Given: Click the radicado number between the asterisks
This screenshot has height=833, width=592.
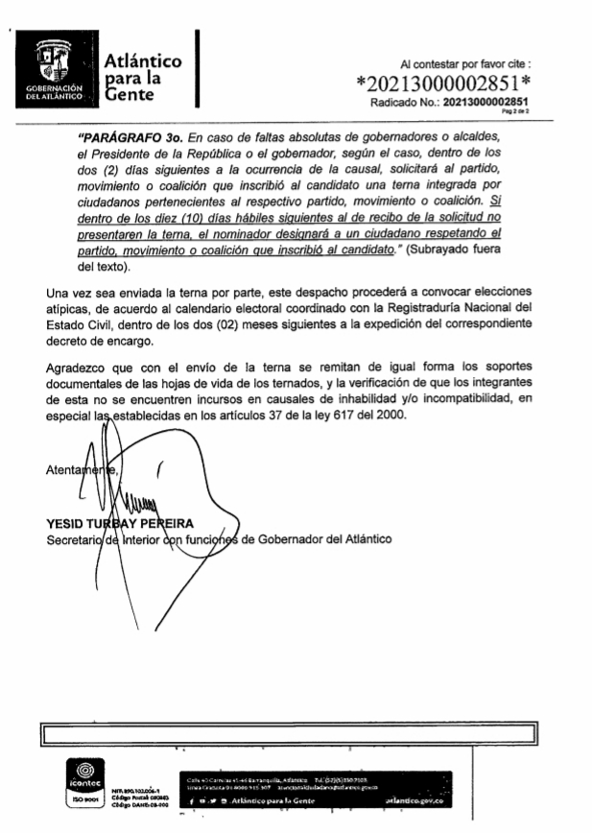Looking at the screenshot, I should [443, 83].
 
